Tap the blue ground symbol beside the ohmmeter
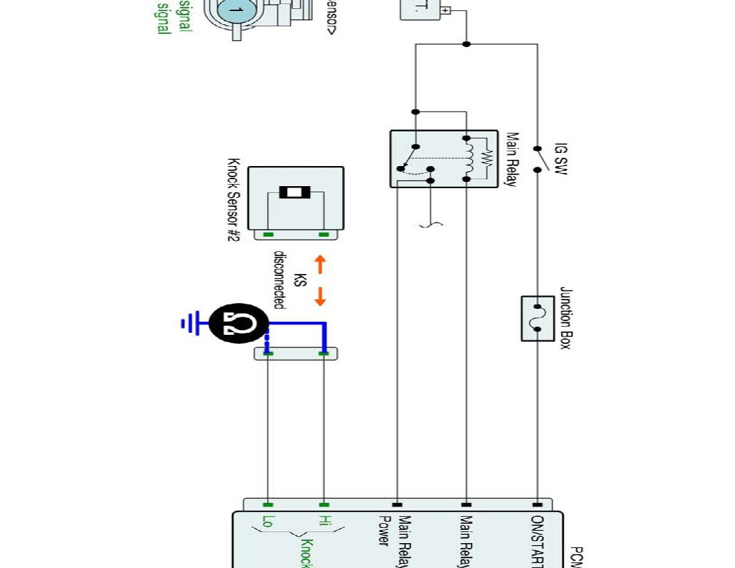pos(188,322)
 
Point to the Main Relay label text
pos(513,160)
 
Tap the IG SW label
pos(561,159)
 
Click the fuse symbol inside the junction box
pos(538,318)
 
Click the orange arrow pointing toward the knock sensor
pos(320,264)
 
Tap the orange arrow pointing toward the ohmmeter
pos(320,296)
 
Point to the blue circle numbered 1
pos(235,10)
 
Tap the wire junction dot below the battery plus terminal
pos(466,44)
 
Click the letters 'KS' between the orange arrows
pos(300,280)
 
